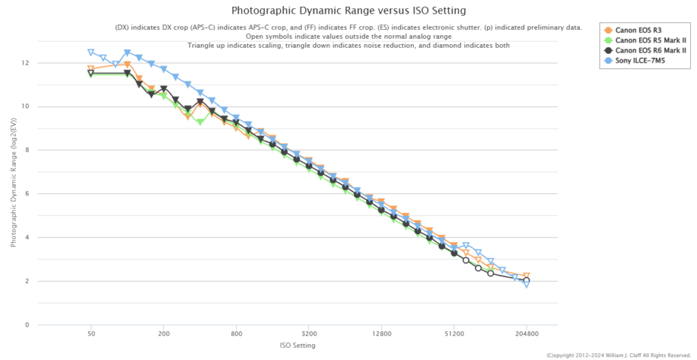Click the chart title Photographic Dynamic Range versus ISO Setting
[348, 11]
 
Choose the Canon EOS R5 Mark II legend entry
[647, 40]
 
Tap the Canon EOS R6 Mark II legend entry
[647, 50]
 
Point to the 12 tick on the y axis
[26, 63]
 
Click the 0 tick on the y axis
[28, 325]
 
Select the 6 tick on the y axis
[28, 194]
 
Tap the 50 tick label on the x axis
[91, 334]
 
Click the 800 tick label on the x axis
[236, 334]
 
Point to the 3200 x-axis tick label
[309, 334]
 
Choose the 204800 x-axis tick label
[526, 334]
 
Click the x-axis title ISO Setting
[297, 345]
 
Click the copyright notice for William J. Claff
[619, 355]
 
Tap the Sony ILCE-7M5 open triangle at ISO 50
[91, 52]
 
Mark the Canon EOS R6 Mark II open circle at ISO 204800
[526, 280]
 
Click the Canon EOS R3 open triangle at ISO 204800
[526, 276]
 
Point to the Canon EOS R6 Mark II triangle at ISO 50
[91, 73]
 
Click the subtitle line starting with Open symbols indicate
[348, 36]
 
